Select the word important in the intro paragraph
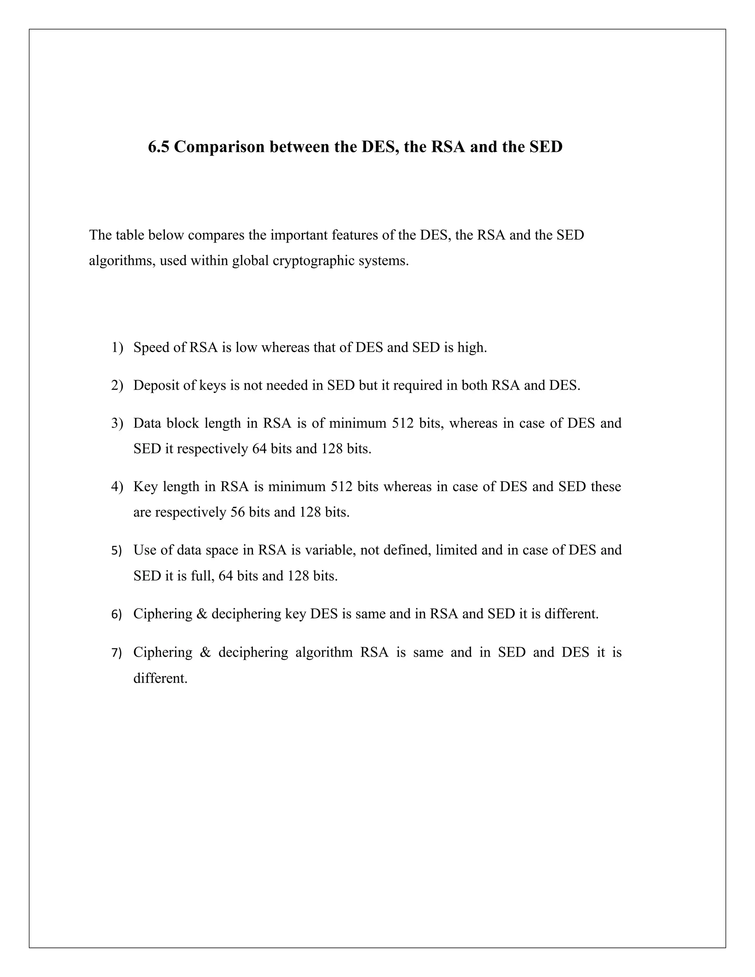point(299,235)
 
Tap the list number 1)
point(117,348)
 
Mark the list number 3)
point(117,423)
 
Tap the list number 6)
point(116,615)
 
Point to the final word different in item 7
point(160,678)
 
